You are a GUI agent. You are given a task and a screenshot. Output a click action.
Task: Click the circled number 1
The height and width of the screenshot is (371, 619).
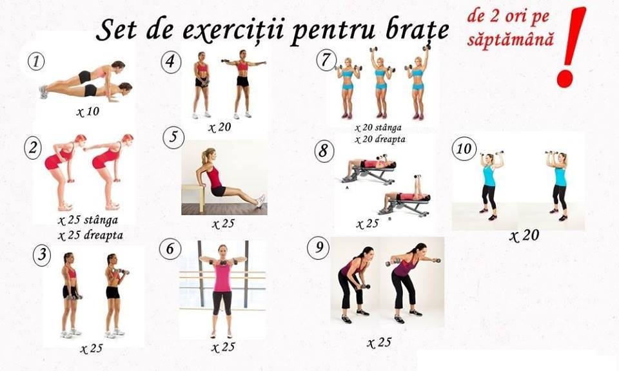[x=36, y=61]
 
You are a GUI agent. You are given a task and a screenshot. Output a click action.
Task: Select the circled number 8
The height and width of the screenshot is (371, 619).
[x=324, y=151]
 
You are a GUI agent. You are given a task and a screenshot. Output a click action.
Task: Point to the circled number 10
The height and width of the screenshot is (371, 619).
[x=464, y=149]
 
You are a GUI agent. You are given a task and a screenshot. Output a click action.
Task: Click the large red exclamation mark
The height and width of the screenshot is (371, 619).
[x=570, y=47]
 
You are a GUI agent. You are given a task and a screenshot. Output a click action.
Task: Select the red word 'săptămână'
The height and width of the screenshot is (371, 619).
[x=511, y=39]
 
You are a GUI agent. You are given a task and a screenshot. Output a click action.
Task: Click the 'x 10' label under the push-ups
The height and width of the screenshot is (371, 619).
[x=88, y=111]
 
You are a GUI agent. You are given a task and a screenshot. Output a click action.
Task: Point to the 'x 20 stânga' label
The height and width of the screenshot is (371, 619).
[x=378, y=128]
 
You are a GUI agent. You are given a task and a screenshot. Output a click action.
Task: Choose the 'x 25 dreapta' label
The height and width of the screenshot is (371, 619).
[x=90, y=235]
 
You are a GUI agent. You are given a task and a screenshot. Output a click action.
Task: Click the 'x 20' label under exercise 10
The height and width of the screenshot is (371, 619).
[x=524, y=236]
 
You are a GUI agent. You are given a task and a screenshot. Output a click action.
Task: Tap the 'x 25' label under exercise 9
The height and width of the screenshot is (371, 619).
[x=379, y=343]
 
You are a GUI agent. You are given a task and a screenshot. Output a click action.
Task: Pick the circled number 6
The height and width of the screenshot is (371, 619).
[x=170, y=249]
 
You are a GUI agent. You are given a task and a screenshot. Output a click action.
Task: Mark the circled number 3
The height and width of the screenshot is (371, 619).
[x=42, y=254]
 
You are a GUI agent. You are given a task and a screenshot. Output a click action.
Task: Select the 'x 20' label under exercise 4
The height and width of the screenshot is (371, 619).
[x=219, y=128]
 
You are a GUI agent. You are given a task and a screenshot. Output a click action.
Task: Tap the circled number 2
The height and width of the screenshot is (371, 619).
[x=33, y=148]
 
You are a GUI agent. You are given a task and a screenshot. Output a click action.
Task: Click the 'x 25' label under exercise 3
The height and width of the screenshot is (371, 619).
[x=91, y=348]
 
